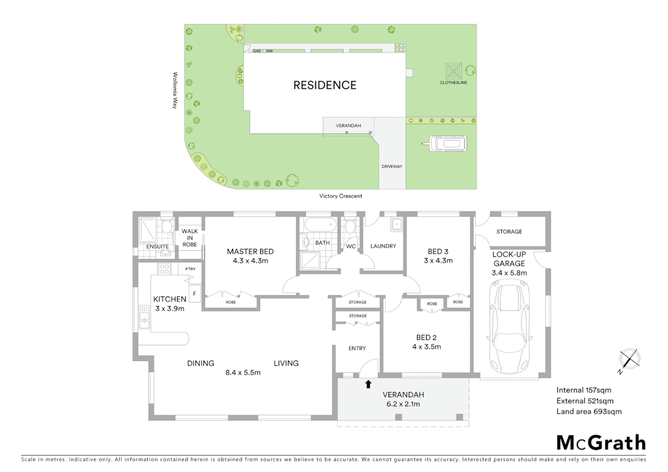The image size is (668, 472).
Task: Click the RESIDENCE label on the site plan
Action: tap(325, 85)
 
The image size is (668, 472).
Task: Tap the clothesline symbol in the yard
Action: tap(453, 71)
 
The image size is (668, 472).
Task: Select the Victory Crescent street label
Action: tap(341, 196)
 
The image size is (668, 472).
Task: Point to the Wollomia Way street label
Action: tap(175, 90)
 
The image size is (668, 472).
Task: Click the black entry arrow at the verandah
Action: tap(368, 384)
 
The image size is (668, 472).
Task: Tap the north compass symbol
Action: tap(630, 360)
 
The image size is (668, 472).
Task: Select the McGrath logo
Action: tap(601, 443)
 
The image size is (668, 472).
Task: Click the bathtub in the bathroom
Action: tap(320, 226)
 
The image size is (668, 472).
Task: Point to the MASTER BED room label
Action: tap(250, 252)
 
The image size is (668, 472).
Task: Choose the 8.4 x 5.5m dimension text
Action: tap(243, 373)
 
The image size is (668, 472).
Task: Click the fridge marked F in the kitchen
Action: tap(195, 294)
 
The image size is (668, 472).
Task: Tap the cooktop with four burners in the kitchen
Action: tap(164, 269)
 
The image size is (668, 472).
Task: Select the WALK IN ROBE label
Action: tap(190, 238)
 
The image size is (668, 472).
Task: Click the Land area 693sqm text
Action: tap(588, 412)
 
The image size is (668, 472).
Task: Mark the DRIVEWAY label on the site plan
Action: tap(392, 167)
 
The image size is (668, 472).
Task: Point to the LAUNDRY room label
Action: tap(383, 246)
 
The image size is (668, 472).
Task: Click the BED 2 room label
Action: tap(426, 337)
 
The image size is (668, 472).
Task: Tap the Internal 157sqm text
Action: tap(584, 390)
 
